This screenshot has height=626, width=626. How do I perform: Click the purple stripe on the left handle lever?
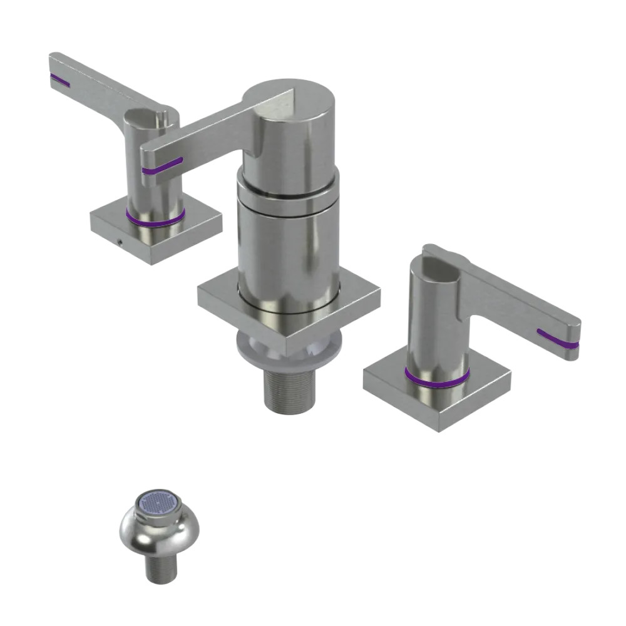click(61, 80)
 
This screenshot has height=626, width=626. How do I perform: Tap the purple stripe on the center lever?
click(162, 166)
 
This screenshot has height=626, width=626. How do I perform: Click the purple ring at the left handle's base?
click(155, 220)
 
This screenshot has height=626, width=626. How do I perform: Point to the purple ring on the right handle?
click(436, 378)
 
